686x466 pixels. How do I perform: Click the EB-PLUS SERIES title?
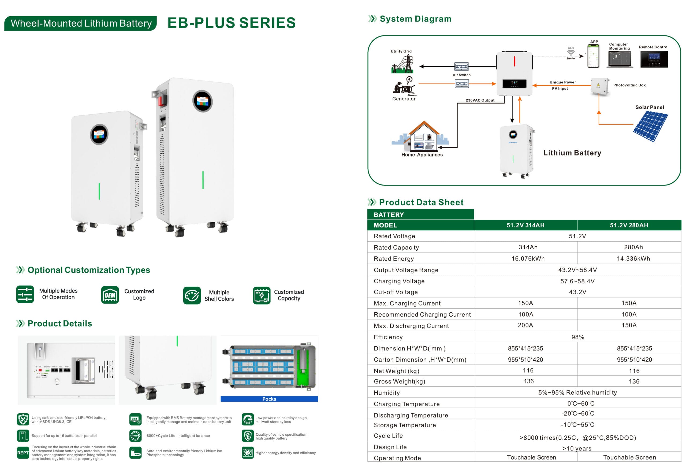pyautogui.click(x=232, y=23)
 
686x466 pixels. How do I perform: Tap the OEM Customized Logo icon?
pyautogui.click(x=110, y=295)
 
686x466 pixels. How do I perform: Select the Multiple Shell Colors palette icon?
pyautogui.click(x=192, y=295)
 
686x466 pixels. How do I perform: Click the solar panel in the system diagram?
pyautogui.click(x=651, y=126)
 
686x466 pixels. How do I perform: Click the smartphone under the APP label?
pyautogui.click(x=593, y=56)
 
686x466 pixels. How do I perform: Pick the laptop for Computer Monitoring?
pyautogui.click(x=620, y=59)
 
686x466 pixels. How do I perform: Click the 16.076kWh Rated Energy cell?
pyautogui.click(x=528, y=258)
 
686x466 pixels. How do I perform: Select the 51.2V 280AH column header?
pyautogui.click(x=629, y=225)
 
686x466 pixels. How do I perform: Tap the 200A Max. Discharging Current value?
pyautogui.click(x=525, y=325)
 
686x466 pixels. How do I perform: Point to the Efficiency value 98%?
pyautogui.click(x=577, y=337)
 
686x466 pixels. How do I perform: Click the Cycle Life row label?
pyautogui.click(x=388, y=436)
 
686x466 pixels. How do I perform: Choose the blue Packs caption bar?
pyautogui.click(x=269, y=399)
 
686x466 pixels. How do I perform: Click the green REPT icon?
pyautogui.click(x=23, y=452)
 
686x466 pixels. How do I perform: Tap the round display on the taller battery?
pyautogui.click(x=203, y=101)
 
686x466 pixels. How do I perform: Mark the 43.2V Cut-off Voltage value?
pyautogui.click(x=577, y=292)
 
